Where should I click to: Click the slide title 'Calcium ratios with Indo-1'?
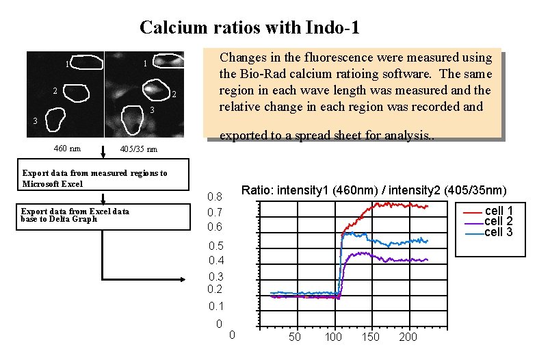coord(249,28)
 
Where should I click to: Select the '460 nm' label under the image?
coord(67,149)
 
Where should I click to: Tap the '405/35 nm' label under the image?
coord(138,149)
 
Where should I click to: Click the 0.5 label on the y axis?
coord(215,246)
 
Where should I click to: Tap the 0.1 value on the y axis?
coord(215,306)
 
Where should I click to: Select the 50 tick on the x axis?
coord(295,337)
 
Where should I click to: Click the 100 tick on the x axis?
coord(333,337)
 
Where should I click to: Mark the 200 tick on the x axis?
coord(408,337)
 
